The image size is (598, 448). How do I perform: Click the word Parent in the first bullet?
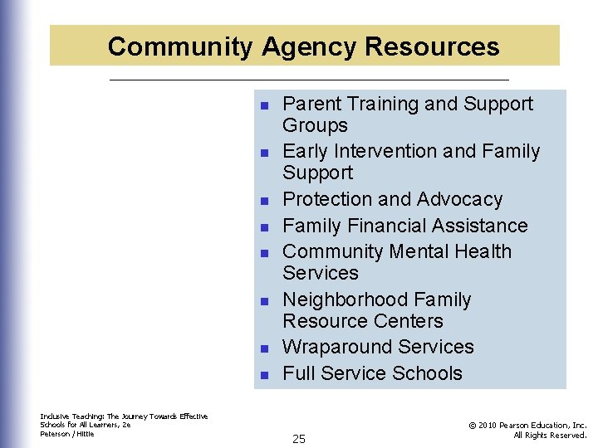tap(311, 104)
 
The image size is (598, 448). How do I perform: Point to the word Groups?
tap(315, 125)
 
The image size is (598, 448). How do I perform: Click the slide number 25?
tap(299, 439)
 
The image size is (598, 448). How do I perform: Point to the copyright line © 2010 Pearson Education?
tap(527, 425)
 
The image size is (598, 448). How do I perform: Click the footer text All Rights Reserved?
tap(550, 435)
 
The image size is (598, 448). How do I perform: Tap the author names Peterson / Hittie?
tap(67, 434)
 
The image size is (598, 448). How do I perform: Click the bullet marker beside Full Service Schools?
tap(263, 375)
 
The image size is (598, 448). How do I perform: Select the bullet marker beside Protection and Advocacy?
tap(263, 202)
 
